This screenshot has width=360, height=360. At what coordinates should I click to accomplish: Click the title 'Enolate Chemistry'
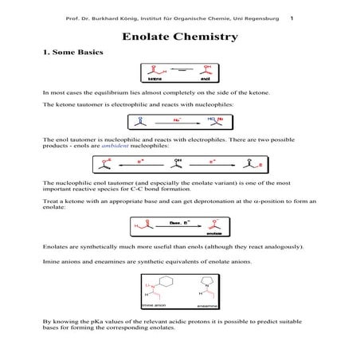click(179, 37)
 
